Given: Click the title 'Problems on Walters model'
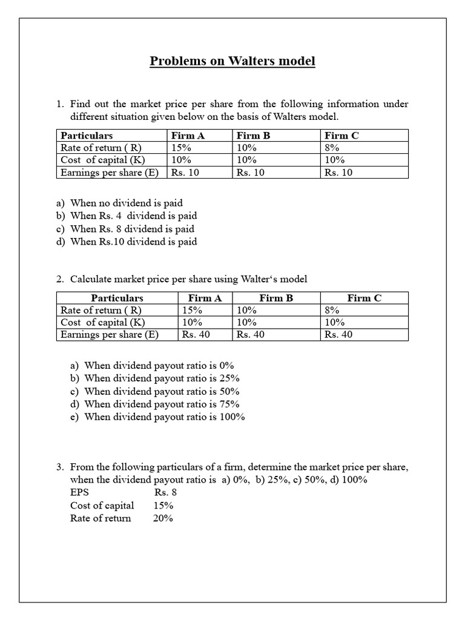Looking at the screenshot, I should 232,61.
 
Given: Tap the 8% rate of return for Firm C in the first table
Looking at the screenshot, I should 332,148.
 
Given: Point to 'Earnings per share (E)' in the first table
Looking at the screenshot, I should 110,172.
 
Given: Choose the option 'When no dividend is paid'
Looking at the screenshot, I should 126,203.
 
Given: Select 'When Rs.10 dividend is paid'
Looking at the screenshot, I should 133,242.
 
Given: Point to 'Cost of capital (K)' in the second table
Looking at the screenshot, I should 103,322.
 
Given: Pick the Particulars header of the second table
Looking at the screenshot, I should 117,298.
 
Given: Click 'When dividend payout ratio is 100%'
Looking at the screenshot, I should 165,417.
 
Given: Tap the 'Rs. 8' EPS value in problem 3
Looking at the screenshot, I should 165,492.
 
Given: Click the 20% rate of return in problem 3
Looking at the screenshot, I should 163,518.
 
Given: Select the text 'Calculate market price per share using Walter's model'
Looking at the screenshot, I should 189,279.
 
